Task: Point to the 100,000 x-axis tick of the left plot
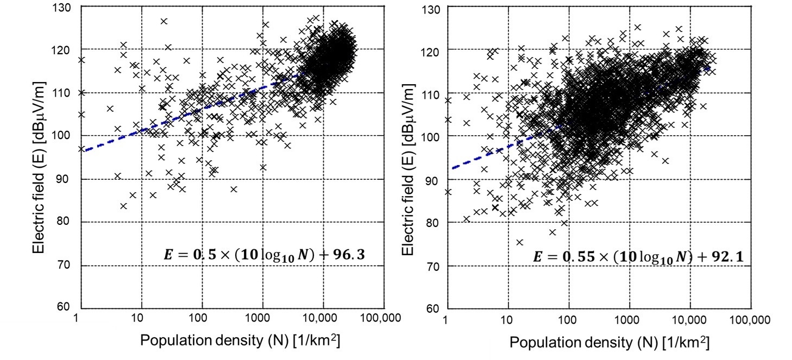[381, 318]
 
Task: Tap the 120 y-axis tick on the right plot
[432, 50]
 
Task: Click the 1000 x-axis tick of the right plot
[628, 320]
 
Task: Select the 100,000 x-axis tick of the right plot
[750, 320]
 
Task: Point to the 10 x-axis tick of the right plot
[507, 320]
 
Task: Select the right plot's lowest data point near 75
[519, 242]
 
